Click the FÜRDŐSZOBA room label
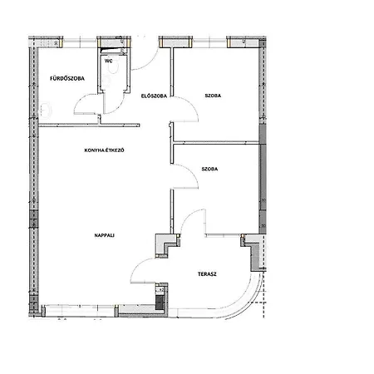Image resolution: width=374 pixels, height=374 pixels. (x=67, y=78)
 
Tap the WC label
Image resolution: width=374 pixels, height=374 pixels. (x=109, y=61)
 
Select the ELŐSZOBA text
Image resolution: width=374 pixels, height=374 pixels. (x=154, y=96)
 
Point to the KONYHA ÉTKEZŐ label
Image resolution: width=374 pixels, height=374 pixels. (x=104, y=150)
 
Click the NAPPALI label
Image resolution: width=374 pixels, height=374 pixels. (x=105, y=235)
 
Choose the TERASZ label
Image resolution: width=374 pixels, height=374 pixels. (x=207, y=274)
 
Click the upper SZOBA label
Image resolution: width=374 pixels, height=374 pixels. (x=213, y=96)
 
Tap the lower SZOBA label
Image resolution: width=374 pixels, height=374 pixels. (x=209, y=169)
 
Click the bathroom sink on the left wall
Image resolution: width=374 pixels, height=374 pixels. (x=46, y=110)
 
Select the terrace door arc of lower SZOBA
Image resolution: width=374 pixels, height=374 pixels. (x=188, y=214)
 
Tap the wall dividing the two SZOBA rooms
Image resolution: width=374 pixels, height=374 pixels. (x=216, y=142)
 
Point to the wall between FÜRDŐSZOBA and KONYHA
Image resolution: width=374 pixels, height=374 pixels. (x=89, y=125)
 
